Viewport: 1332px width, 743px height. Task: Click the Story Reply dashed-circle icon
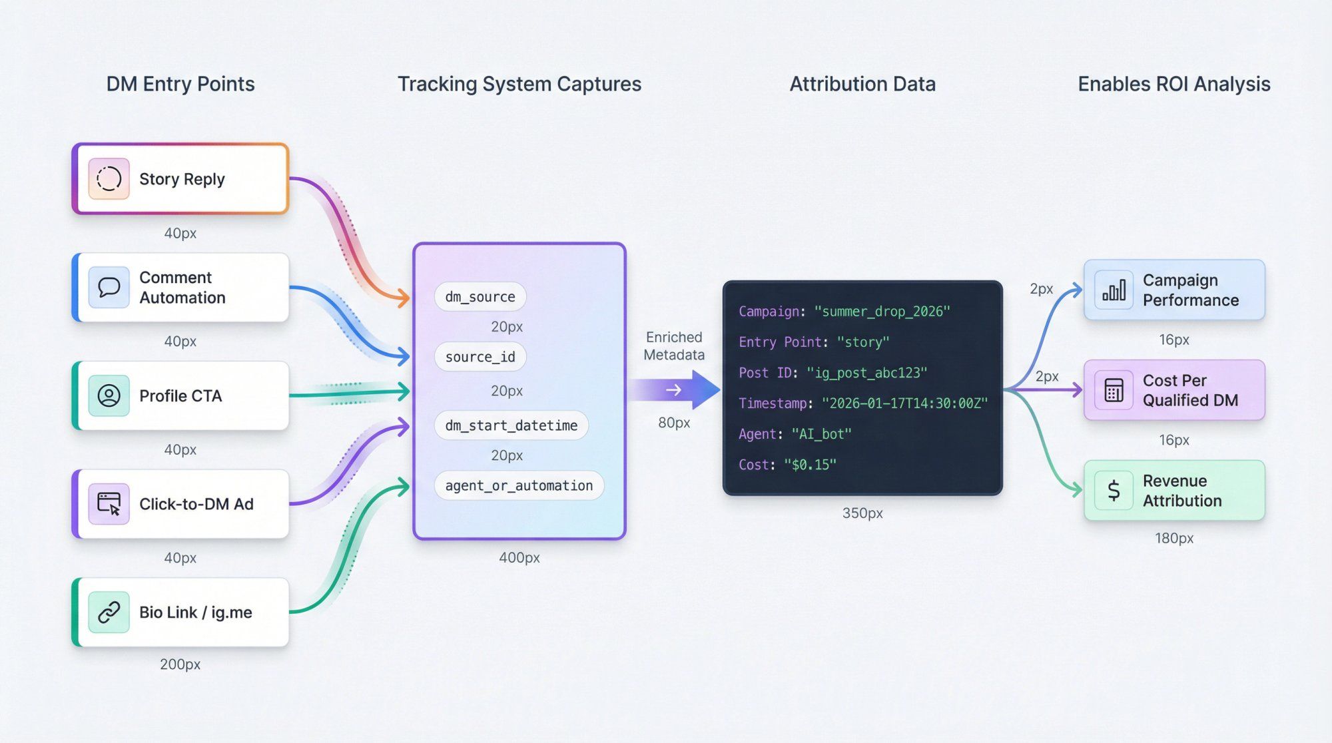109,178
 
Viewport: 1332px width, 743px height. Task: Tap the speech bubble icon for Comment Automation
109,287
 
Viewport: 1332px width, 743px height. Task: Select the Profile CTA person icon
109,395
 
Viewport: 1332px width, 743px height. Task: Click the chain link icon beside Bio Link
109,612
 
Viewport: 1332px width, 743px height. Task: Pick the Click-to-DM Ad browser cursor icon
109,504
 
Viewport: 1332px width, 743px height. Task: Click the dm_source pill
480,297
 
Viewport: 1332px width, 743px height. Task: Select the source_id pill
480,357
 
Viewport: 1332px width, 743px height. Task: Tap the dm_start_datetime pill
511,425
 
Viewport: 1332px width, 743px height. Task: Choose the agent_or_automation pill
519,485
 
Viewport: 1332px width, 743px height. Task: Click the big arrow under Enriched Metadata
675,389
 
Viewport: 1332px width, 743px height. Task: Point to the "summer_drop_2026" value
882,312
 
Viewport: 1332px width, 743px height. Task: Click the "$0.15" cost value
810,465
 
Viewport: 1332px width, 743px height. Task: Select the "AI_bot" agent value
821,434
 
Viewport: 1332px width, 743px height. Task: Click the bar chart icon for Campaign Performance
1114,290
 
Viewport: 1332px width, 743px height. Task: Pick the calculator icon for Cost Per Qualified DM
1114,390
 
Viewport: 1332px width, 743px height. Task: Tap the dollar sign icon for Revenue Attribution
1114,491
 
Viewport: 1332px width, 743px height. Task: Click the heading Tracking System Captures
519,84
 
